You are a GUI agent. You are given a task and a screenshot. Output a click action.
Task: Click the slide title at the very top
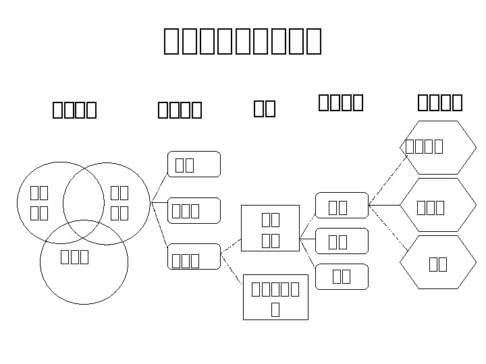(x=242, y=41)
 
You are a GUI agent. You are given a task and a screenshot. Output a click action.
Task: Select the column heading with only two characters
(x=265, y=108)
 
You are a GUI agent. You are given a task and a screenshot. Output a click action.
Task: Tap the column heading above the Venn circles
(x=74, y=109)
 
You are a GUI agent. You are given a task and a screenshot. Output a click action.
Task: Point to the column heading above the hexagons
(x=440, y=102)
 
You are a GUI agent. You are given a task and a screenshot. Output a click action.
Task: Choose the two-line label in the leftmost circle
(x=39, y=204)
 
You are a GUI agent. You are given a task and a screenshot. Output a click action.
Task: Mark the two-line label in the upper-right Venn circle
(x=119, y=204)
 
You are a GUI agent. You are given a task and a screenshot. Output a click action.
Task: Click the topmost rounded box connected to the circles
(x=194, y=164)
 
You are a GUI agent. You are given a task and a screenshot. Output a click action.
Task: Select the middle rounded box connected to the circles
(x=194, y=210)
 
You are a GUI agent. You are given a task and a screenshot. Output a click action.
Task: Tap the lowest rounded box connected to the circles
(x=194, y=257)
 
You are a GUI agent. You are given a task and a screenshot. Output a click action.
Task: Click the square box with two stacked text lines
(x=271, y=229)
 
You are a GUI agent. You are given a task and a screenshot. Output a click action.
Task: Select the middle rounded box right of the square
(x=343, y=241)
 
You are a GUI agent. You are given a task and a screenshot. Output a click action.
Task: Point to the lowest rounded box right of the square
(x=343, y=276)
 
